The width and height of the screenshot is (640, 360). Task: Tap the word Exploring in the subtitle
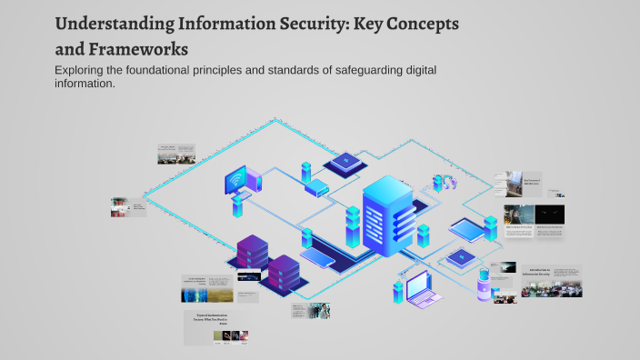[82, 71]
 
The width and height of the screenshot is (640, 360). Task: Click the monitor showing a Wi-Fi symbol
[241, 180]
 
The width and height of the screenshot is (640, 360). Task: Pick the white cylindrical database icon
[484, 286]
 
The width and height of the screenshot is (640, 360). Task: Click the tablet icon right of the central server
[470, 227]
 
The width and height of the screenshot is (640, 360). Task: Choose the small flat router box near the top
[315, 189]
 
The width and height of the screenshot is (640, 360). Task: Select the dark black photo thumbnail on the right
[548, 215]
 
